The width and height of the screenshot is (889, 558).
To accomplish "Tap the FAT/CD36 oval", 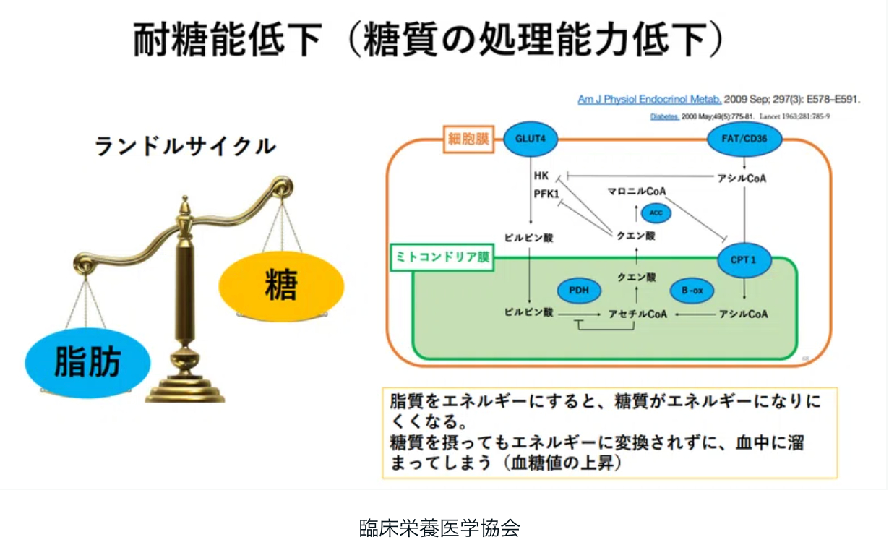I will tap(744, 138).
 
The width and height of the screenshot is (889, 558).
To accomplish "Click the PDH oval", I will tap(579, 291).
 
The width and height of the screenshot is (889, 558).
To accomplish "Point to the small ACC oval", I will tap(656, 213).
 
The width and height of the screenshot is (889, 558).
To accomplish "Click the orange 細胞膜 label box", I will tap(466, 139).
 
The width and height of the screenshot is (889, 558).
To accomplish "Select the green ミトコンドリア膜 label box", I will tap(442, 257).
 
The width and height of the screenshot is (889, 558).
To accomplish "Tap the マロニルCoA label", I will tap(636, 191).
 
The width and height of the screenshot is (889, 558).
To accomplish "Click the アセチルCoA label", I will tap(637, 314).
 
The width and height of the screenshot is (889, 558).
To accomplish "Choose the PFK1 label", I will tap(546, 194).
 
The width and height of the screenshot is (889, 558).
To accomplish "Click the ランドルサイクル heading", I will tap(185, 147).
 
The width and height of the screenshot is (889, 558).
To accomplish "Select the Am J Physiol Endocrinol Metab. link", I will tap(649, 100).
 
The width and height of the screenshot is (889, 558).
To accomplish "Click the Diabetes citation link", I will tap(665, 117).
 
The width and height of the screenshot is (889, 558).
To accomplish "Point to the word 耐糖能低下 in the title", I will tap(227, 40).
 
